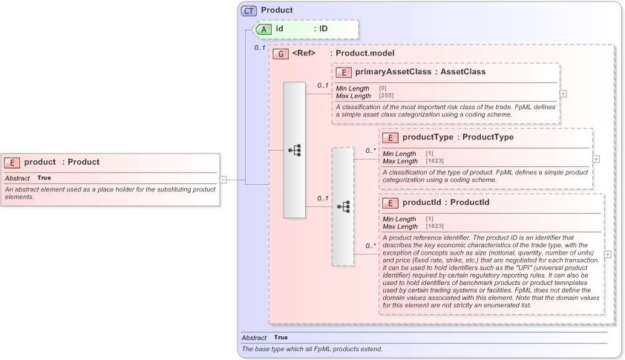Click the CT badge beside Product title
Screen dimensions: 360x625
pos(249,10)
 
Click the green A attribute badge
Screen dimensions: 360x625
pos(265,29)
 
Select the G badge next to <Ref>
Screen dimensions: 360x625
pos(281,53)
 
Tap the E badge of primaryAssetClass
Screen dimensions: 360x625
pos(344,72)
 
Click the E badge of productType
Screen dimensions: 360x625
pos(390,137)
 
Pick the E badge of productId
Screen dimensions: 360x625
pos(390,202)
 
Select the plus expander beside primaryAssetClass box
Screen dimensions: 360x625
pos(563,94)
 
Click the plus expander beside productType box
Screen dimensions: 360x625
pos(596,159)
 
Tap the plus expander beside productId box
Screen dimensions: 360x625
pos(608,254)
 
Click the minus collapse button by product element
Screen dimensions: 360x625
pos(223,179)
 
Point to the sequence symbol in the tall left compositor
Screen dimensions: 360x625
pos(295,150)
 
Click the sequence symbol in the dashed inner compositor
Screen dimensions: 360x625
pos(343,206)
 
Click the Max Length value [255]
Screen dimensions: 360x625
pos(387,96)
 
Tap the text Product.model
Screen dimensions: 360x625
pos(364,53)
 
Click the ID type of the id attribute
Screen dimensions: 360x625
pos(324,29)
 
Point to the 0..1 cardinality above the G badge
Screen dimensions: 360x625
pos(260,48)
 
